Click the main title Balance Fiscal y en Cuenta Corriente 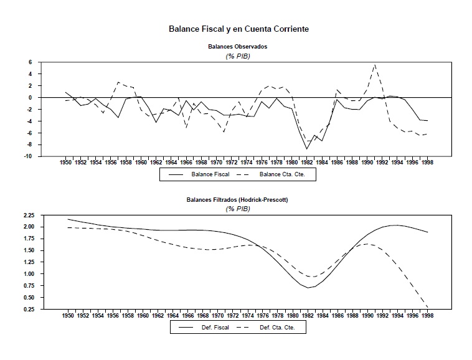pos(238,29)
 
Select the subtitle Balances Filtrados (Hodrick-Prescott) pos(238,201)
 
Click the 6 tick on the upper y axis pos(29,62)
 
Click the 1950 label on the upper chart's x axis pos(66,162)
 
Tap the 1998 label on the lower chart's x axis pos(427,315)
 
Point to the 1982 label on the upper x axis pos(306,162)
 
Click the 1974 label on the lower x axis pos(247,315)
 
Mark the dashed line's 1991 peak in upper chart pos(374,65)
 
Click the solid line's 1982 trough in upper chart pos(306,149)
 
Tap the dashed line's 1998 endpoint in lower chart pos(427,306)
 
